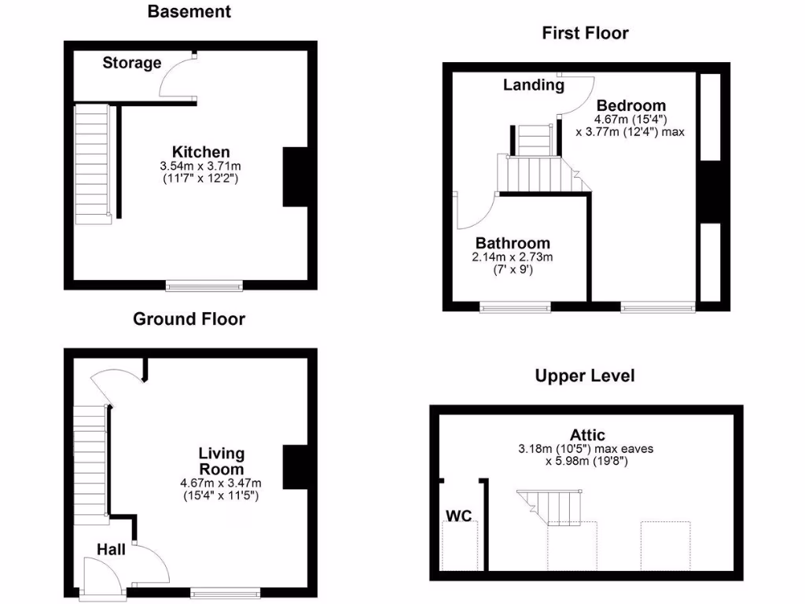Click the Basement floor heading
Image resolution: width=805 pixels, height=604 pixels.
[x=189, y=12]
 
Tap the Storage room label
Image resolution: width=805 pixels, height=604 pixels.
[x=131, y=63]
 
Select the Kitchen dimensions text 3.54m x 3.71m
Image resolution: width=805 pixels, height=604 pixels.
[x=200, y=167]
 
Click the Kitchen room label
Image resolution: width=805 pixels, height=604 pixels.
[x=201, y=152]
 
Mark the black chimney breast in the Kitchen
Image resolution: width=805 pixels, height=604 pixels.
[x=296, y=177]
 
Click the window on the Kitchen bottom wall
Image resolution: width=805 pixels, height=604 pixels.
[x=204, y=285]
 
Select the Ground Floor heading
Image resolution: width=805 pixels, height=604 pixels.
[x=189, y=319]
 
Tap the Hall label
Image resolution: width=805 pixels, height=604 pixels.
[x=111, y=549]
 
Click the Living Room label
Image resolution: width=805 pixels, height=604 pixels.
[x=221, y=462]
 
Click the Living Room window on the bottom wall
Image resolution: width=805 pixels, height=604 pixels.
[x=225, y=592]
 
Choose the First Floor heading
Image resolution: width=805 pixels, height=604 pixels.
[x=585, y=33]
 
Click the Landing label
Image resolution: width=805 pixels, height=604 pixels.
[x=534, y=85]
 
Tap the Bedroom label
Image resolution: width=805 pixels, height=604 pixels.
[x=630, y=105]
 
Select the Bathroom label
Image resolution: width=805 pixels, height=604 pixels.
[x=513, y=243]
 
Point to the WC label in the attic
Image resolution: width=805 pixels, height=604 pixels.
[x=458, y=516]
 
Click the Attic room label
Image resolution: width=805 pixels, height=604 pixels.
[x=588, y=434]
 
